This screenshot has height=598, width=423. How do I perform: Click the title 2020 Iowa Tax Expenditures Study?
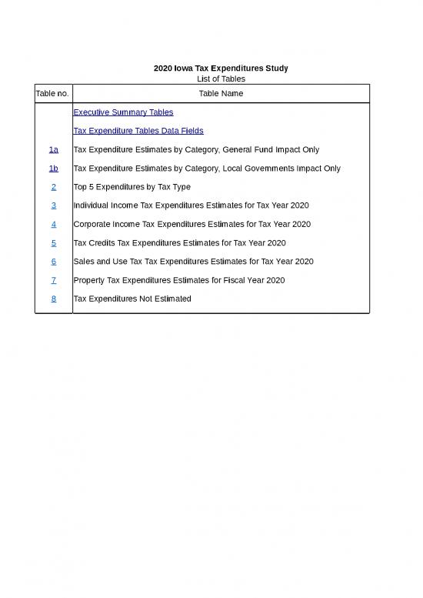click(x=221, y=68)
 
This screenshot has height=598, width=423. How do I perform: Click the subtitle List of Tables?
click(x=221, y=79)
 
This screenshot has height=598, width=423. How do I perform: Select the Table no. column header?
click(x=53, y=93)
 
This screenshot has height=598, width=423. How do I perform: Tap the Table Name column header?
click(x=221, y=93)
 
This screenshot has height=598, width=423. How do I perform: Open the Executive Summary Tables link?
click(x=123, y=112)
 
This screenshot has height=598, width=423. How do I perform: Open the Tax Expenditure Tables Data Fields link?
click(x=138, y=131)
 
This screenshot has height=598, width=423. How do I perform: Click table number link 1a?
click(x=53, y=149)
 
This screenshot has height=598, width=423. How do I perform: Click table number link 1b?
click(x=53, y=168)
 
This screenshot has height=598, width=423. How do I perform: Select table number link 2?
click(x=53, y=187)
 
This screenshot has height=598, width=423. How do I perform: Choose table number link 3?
click(x=53, y=205)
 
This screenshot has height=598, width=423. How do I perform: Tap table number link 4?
click(x=53, y=224)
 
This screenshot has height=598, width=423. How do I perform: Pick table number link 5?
click(x=53, y=242)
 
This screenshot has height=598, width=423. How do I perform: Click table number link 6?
click(x=53, y=262)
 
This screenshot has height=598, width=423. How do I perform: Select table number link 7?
click(x=53, y=280)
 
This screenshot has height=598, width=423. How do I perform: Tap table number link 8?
click(x=53, y=299)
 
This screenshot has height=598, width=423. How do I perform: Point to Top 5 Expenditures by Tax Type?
click(x=132, y=187)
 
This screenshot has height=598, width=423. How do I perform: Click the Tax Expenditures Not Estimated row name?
click(x=132, y=299)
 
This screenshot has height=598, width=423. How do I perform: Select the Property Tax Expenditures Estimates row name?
click(x=178, y=280)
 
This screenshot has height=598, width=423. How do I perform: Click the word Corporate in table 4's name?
click(x=92, y=224)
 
